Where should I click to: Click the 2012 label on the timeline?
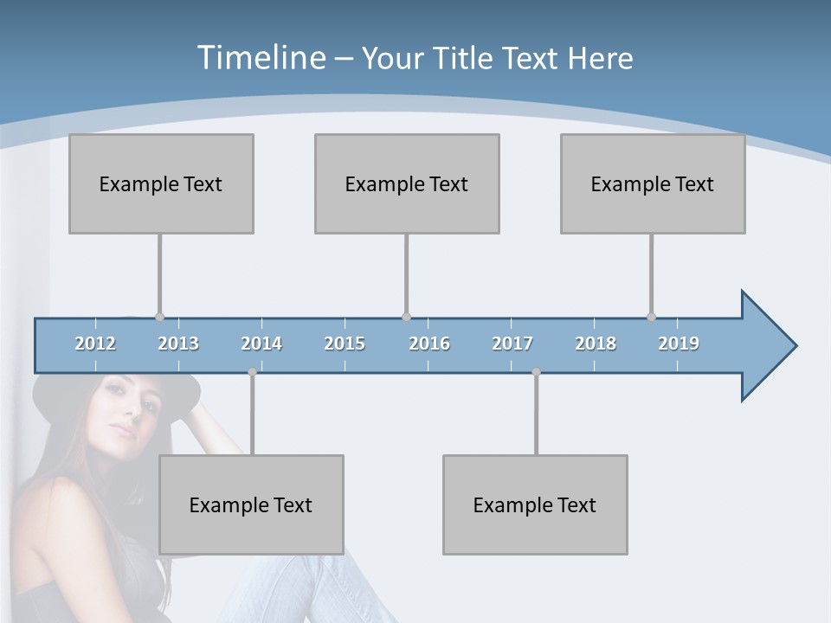coord(95,344)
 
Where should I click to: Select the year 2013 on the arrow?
coord(178,344)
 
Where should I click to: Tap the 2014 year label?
coord(261,344)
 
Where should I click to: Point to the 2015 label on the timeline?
coord(345,344)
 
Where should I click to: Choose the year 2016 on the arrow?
coord(429,344)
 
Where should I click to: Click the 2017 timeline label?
coord(512,344)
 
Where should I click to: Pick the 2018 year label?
coord(596,344)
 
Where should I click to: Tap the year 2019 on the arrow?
coord(679,344)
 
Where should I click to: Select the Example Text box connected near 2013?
coord(161,183)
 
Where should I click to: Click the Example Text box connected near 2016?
coord(407,183)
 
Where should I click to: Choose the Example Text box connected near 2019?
coord(653,183)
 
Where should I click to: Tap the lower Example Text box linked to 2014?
coord(251,504)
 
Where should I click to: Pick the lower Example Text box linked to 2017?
coord(535,504)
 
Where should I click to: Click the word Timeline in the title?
coord(260,58)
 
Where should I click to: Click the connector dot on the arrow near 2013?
coord(159,317)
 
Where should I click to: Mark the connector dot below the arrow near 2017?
coord(536,372)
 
